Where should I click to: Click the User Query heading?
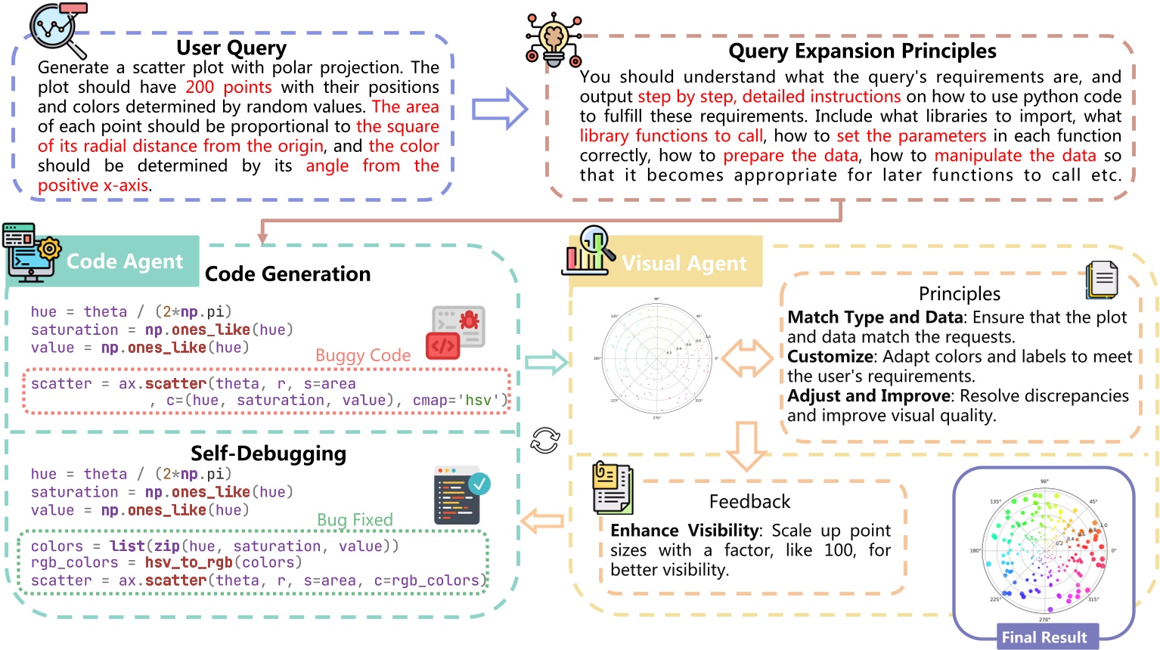[231, 48]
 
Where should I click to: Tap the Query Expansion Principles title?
[862, 51]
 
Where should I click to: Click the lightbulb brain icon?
[554, 39]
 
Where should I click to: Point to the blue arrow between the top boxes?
[499, 109]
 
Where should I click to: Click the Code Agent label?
[125, 262]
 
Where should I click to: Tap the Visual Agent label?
[684, 263]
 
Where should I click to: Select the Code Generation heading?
[287, 274]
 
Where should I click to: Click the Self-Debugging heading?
[268, 453]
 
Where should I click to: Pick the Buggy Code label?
[363, 355]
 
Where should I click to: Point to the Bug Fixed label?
[355, 520]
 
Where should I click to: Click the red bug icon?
[457, 331]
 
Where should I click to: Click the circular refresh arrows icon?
[544, 440]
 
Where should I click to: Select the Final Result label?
[1044, 637]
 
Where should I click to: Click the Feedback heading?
[749, 502]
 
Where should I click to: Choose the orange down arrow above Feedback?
[746, 445]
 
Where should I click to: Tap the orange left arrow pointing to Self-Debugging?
[542, 520]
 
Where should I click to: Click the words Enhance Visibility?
[684, 531]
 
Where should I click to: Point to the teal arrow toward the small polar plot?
[546, 362]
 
